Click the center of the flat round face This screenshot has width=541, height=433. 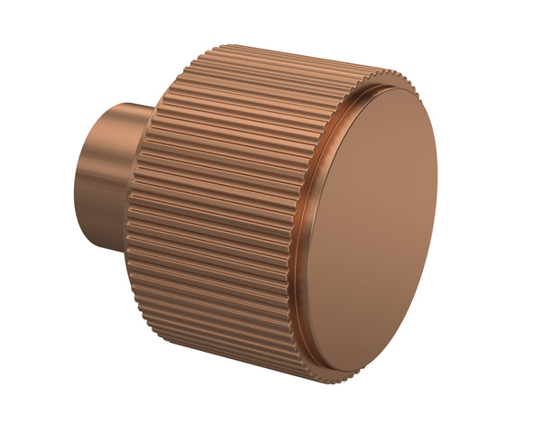371,231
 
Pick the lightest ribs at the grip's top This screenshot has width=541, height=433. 270,68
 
